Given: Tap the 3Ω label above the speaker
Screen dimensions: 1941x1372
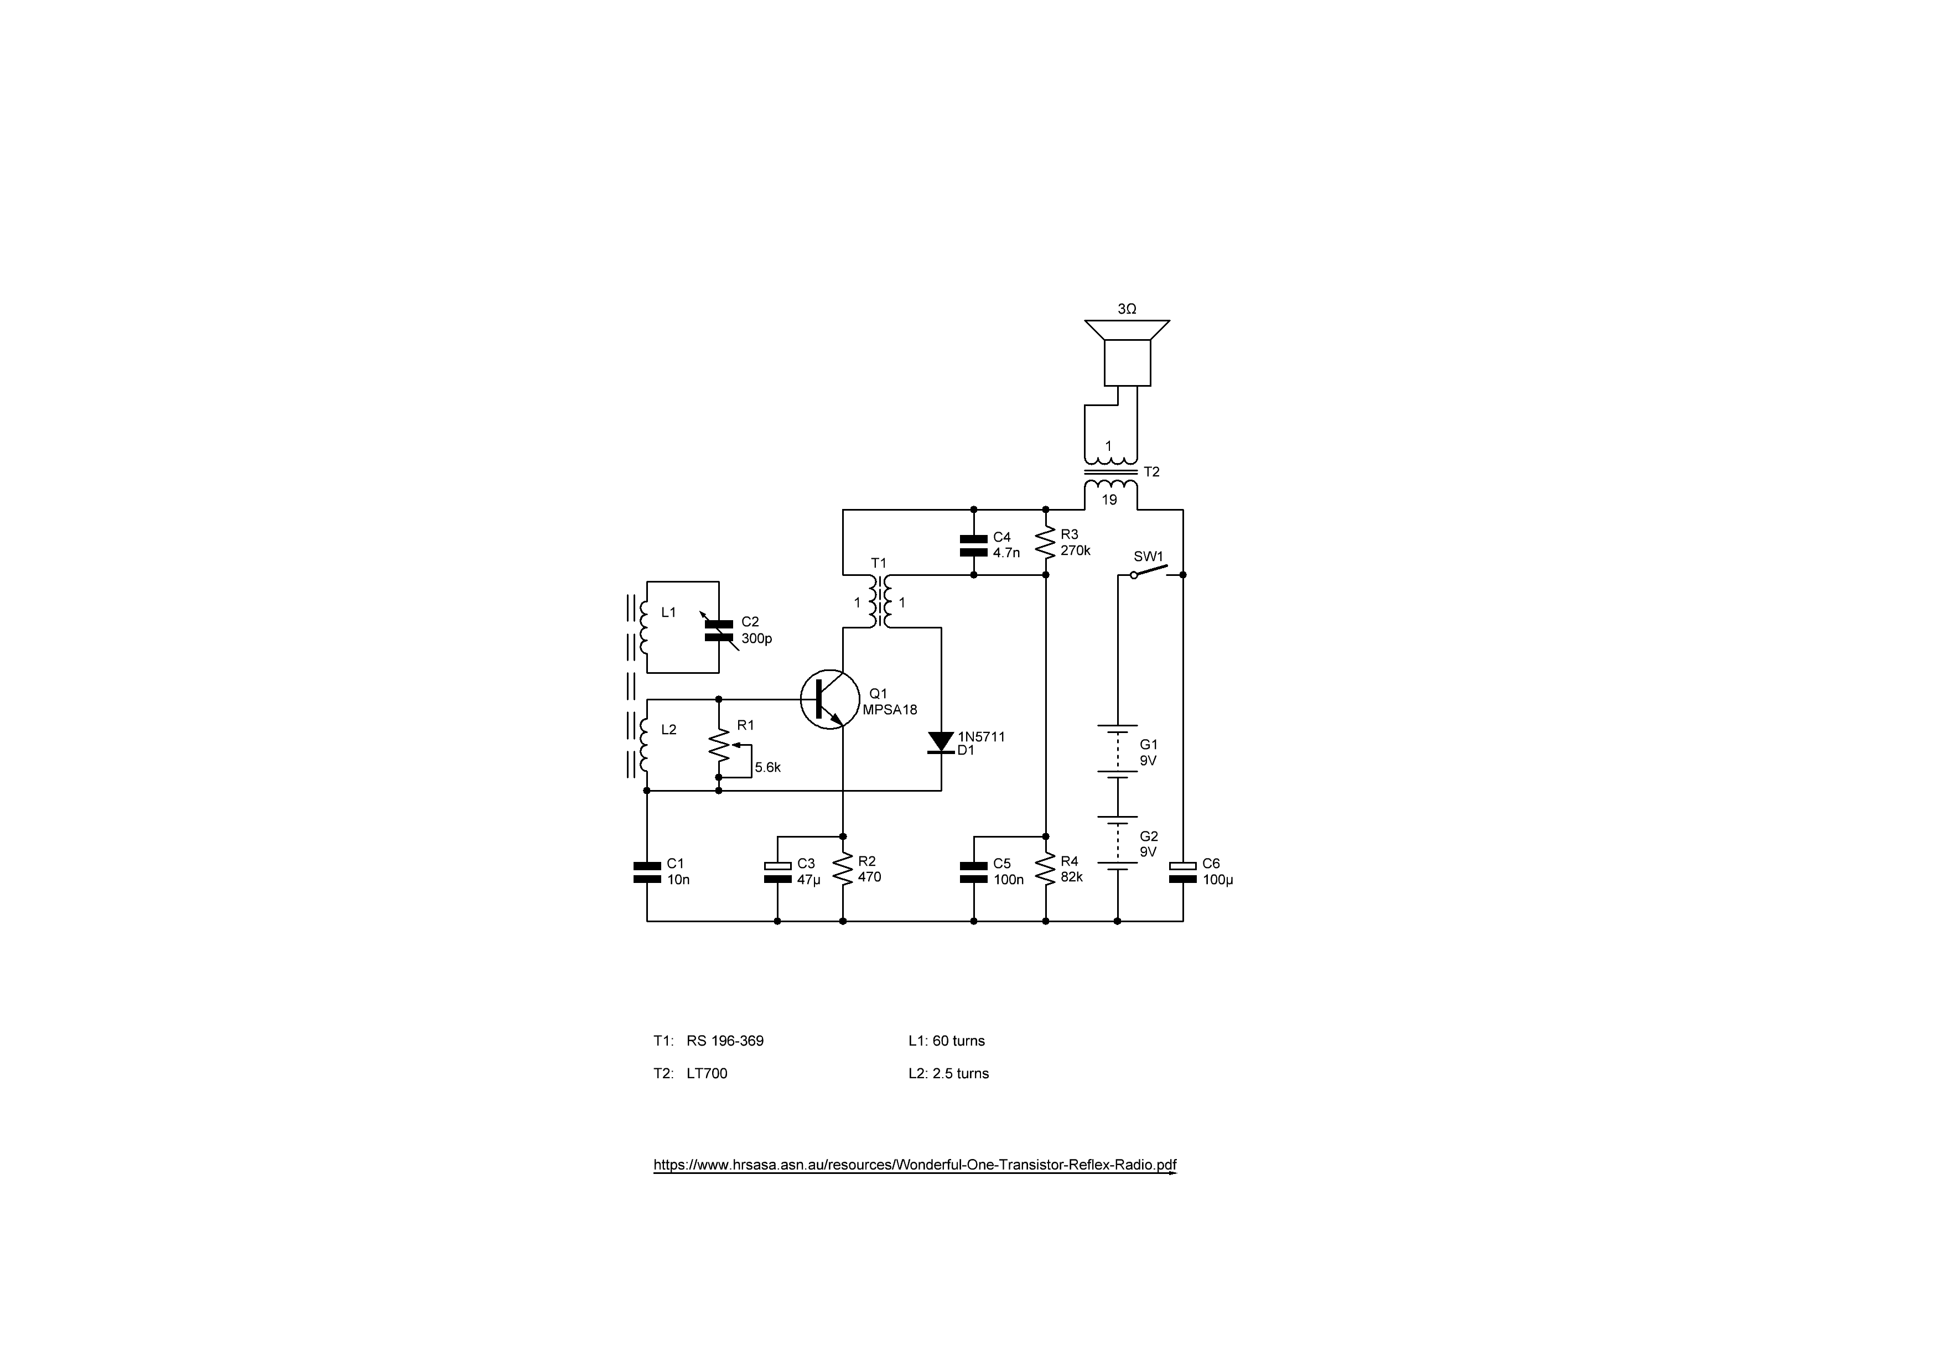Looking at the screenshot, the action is click(x=1127, y=309).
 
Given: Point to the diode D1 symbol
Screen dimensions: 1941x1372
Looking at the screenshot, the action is click(x=941, y=742).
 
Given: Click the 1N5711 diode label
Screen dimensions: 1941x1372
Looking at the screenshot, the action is click(x=982, y=736).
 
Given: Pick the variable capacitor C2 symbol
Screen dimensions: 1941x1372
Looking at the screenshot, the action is click(x=719, y=629).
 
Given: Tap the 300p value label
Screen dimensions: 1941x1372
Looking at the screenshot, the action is click(x=756, y=639).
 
